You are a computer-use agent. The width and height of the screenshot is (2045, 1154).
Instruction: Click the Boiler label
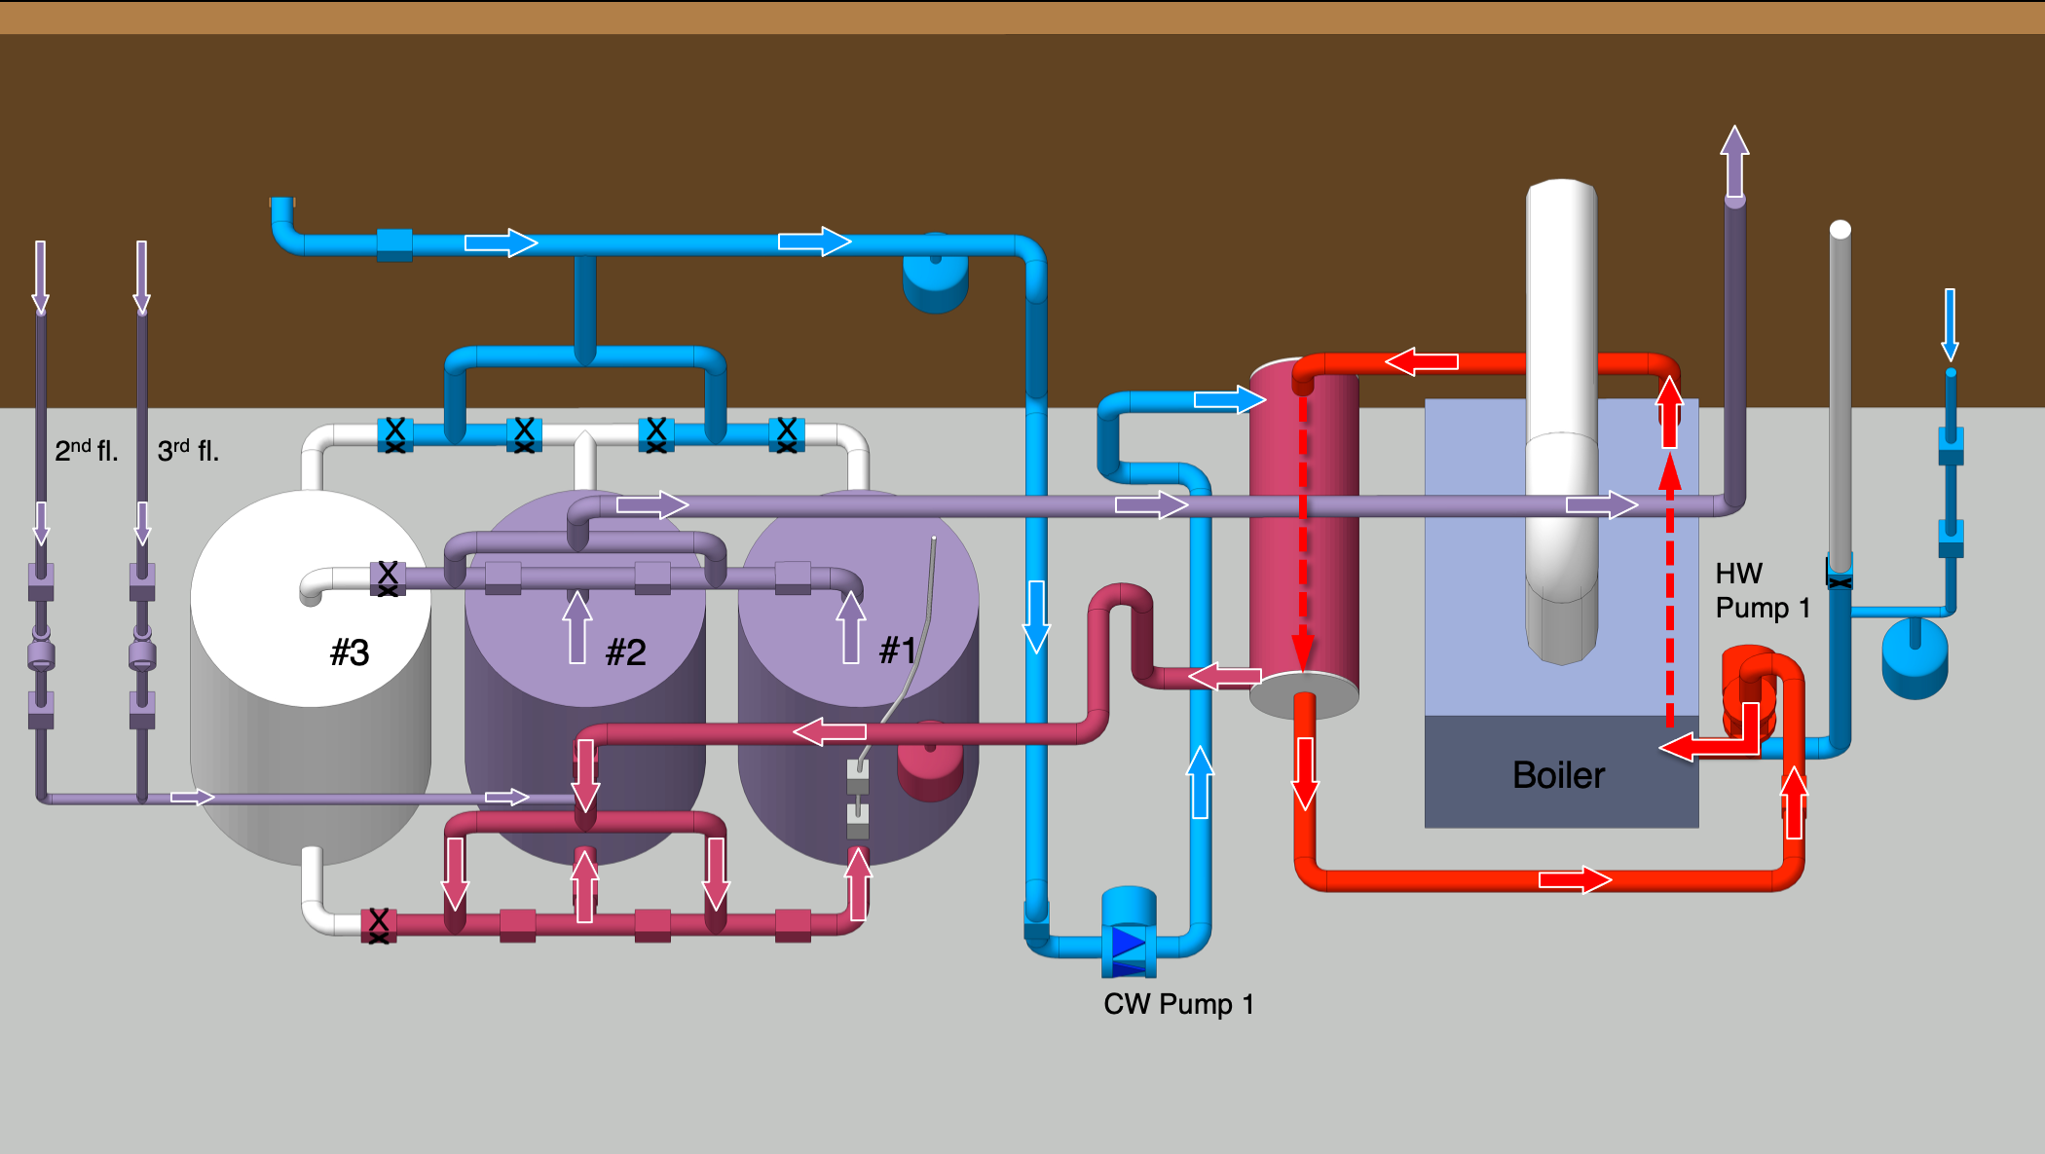[1557, 775]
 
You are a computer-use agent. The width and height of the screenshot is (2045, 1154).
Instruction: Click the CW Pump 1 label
[1177, 1004]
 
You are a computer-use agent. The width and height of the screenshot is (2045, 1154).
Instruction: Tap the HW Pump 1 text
[1761, 590]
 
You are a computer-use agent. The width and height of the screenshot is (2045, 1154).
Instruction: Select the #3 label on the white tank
[349, 651]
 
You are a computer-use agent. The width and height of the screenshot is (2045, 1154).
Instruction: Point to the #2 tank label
[625, 651]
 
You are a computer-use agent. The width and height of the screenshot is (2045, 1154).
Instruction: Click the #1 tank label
[897, 650]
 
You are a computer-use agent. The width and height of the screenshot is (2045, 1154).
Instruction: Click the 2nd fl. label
[86, 450]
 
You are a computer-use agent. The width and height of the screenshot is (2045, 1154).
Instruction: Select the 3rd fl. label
[188, 450]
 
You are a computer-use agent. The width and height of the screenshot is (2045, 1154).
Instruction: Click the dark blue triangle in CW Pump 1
[1128, 943]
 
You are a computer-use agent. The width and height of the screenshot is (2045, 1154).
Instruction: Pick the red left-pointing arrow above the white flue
[1422, 362]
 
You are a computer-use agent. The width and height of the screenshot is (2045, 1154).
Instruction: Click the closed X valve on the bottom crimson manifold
[379, 924]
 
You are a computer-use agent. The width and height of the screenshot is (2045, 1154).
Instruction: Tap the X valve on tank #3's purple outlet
[388, 577]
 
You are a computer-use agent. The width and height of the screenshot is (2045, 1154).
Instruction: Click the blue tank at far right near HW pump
[1915, 659]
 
